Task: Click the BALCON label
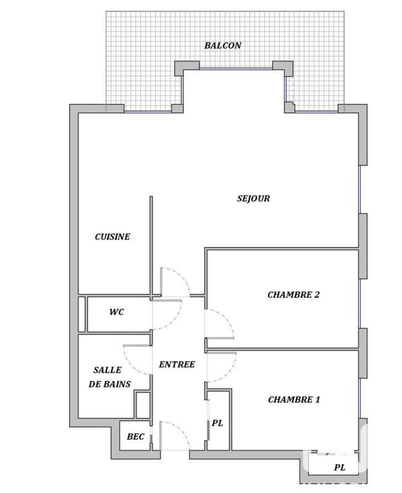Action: click(223, 45)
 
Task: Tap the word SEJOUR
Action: click(253, 198)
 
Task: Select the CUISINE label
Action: click(112, 237)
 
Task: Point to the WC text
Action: click(116, 312)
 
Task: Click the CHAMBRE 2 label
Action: click(293, 295)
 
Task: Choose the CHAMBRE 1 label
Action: click(293, 399)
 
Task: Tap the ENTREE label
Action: click(177, 364)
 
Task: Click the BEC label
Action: click(135, 437)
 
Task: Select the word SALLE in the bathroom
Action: click(107, 370)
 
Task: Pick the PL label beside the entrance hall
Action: click(217, 423)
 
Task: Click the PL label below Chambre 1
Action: click(339, 468)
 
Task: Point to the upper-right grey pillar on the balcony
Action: click(282, 66)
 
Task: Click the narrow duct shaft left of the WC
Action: click(82, 315)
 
